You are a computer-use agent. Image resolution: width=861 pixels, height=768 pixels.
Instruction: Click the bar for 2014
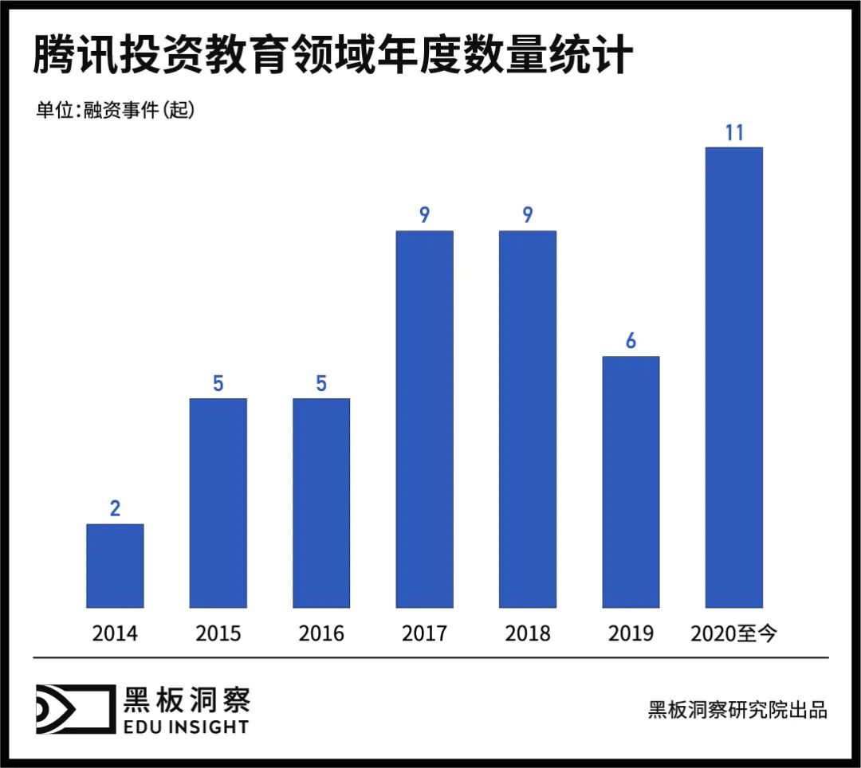coord(115,566)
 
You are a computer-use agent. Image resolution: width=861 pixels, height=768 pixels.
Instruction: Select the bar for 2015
coord(218,503)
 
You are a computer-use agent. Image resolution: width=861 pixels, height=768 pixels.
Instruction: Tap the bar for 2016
coord(321,503)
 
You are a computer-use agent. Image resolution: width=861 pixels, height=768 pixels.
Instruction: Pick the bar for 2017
coord(424,419)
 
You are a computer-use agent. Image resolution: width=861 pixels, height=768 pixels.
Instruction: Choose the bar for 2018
coord(528,419)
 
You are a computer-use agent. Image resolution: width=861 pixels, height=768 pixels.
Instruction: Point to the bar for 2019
coord(631,482)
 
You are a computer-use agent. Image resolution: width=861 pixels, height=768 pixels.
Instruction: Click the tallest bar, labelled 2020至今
coord(734,378)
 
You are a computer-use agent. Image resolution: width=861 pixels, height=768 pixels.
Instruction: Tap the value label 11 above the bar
coord(734,132)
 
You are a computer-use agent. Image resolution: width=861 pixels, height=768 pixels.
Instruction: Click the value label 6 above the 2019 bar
coord(631,341)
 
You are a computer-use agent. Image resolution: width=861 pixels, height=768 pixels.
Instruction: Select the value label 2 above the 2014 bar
coord(115,509)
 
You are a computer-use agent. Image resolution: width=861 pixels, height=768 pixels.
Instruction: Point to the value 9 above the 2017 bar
coord(424,215)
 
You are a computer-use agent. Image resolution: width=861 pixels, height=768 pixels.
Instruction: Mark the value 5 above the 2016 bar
coord(321,384)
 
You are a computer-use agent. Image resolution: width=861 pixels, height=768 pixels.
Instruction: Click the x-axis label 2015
coord(218,633)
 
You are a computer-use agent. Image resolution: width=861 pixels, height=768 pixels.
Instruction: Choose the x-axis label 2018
coord(528,633)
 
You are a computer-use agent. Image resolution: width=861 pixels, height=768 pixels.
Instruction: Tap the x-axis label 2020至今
coord(734,633)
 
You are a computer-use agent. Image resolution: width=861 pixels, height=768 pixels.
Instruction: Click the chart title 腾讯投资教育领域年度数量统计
coord(332,57)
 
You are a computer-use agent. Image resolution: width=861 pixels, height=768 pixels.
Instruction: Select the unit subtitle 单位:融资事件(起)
coord(116,111)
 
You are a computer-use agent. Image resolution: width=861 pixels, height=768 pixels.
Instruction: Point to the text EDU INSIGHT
coord(186,727)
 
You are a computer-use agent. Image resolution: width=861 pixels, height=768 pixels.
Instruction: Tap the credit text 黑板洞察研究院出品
coord(737,710)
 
